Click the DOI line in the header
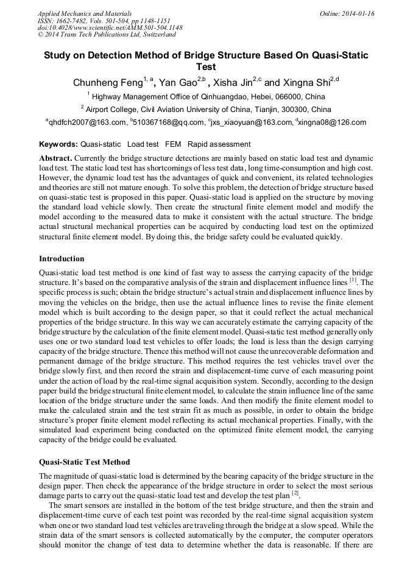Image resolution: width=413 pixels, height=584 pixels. [110, 28]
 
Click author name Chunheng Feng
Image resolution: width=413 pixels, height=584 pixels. [107, 82]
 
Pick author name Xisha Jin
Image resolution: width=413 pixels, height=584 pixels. [235, 82]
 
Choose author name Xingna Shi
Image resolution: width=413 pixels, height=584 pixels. [305, 82]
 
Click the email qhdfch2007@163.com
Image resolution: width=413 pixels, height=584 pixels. [86, 122]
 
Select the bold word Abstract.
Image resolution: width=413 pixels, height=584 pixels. [55, 158]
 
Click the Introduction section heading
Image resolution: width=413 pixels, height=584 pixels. [62, 259]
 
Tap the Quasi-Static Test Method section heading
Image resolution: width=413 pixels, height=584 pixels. [84, 462]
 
